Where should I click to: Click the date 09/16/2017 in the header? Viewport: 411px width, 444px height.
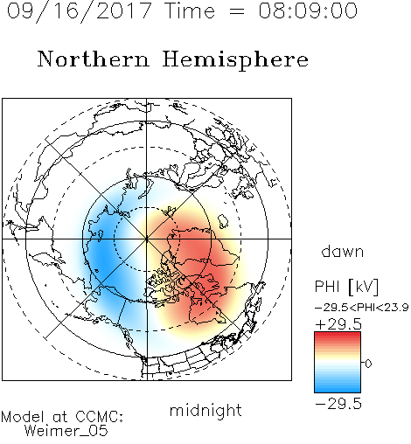click(x=79, y=11)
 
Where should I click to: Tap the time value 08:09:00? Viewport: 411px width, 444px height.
click(x=308, y=10)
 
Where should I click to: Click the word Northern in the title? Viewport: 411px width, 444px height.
click(x=94, y=59)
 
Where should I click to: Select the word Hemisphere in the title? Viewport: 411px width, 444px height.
click(x=235, y=60)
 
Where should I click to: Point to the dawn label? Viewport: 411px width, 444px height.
click(x=343, y=251)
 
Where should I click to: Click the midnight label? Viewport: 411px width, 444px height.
click(x=205, y=410)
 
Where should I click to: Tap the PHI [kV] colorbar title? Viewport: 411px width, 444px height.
click(x=346, y=287)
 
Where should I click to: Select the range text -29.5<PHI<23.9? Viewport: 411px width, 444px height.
click(x=362, y=308)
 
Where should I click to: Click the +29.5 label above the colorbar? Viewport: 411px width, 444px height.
click(x=338, y=324)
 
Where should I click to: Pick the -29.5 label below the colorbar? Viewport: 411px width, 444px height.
click(x=338, y=404)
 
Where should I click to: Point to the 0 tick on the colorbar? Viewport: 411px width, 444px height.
click(x=368, y=364)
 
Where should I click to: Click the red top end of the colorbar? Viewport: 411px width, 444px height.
click(x=338, y=335)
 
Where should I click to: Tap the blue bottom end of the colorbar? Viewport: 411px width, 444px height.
click(x=338, y=389)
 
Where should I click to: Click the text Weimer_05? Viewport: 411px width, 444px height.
click(x=66, y=431)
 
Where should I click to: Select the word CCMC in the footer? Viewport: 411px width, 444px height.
click(x=98, y=417)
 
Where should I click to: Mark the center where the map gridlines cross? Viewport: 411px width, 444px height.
click(x=147, y=239)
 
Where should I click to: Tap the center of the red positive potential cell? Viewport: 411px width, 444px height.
click(x=199, y=260)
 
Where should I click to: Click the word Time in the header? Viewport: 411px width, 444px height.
click(x=190, y=10)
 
